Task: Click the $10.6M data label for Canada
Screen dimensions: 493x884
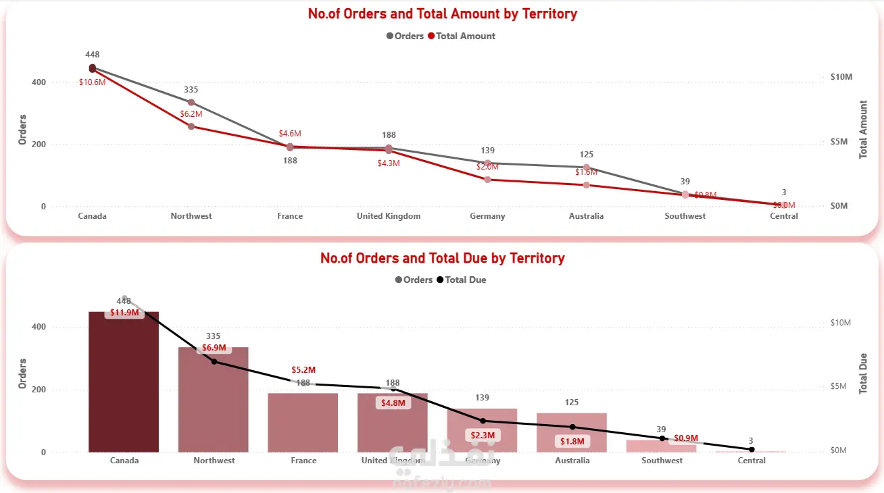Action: [92, 82]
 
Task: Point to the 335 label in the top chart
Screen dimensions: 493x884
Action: [191, 90]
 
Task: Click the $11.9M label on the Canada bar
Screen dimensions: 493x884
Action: [124, 313]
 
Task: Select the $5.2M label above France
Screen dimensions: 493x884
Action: [303, 370]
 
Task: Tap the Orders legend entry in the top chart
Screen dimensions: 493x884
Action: [405, 36]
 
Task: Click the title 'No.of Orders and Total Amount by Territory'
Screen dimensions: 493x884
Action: [443, 14]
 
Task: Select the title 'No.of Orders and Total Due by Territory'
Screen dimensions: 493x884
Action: [443, 258]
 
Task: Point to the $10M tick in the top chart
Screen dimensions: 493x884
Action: [841, 77]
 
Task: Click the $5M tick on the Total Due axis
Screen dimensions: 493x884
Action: [840, 386]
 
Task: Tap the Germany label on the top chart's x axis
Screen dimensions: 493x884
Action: [487, 216]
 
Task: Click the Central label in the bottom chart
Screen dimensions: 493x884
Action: [752, 461]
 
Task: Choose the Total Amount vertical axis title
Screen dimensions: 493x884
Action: [863, 130]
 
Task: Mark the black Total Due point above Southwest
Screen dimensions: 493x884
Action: [662, 438]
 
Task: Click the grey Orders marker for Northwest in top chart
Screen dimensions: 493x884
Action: [191, 103]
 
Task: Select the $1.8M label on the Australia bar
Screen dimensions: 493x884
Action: [572, 442]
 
